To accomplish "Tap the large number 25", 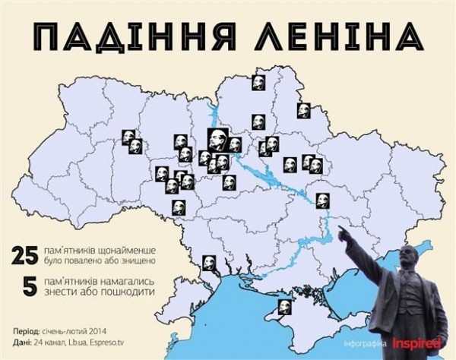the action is pyautogui.click(x=26, y=255).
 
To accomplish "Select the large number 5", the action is pyautogui.click(x=30, y=286).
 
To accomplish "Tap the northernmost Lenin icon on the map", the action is pyautogui.click(x=258, y=82).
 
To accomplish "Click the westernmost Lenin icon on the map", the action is pyautogui.click(x=128, y=136).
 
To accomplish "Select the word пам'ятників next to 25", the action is pyautogui.click(x=78, y=250).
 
